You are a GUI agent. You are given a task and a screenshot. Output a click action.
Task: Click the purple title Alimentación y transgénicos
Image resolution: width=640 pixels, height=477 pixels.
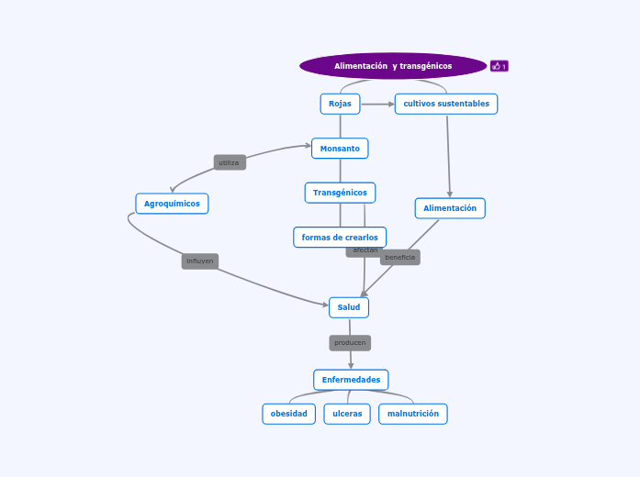point(393,66)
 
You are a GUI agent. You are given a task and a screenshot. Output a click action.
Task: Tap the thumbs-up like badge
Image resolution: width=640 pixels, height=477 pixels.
point(500,66)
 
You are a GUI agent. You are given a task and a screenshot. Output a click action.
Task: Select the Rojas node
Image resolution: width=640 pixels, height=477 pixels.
point(340,104)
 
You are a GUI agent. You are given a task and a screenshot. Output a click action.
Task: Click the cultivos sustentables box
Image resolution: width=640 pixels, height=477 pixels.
point(446,104)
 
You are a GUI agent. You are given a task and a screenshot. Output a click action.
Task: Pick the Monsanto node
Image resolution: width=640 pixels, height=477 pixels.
point(340,148)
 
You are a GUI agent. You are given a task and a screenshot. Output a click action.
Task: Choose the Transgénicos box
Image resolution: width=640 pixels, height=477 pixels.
point(340,193)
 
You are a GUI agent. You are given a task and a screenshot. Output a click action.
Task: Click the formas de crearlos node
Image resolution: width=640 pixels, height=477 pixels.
point(340,238)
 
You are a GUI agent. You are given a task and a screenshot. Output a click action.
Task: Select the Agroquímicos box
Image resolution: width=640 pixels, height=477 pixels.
point(172,204)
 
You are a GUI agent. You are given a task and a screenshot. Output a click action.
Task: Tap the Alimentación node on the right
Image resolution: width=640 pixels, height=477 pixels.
point(450,208)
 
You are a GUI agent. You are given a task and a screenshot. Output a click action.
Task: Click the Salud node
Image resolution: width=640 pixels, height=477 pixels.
point(349,307)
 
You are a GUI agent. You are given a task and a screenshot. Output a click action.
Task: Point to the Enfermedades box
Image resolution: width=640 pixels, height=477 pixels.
point(351,380)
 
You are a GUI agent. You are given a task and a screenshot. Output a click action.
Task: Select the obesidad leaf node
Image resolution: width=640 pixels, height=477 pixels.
point(289,414)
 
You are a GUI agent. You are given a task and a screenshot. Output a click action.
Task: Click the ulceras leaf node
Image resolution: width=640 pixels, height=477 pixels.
point(347,414)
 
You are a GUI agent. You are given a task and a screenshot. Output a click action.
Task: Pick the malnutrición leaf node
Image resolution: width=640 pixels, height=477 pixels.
point(413,414)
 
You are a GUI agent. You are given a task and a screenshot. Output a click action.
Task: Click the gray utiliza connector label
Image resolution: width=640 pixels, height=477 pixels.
point(230,162)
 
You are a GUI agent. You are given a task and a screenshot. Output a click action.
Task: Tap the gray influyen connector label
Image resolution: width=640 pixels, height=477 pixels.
point(199,261)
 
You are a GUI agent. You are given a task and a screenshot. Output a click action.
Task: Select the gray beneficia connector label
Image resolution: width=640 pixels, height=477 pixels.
point(400,258)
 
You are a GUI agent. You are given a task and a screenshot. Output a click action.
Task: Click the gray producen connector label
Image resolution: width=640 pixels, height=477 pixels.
point(350,343)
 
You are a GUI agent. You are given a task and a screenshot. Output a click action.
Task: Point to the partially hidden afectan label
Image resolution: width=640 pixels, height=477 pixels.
point(364,251)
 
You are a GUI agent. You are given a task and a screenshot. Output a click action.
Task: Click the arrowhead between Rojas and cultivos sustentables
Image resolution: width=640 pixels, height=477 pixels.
point(389,104)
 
